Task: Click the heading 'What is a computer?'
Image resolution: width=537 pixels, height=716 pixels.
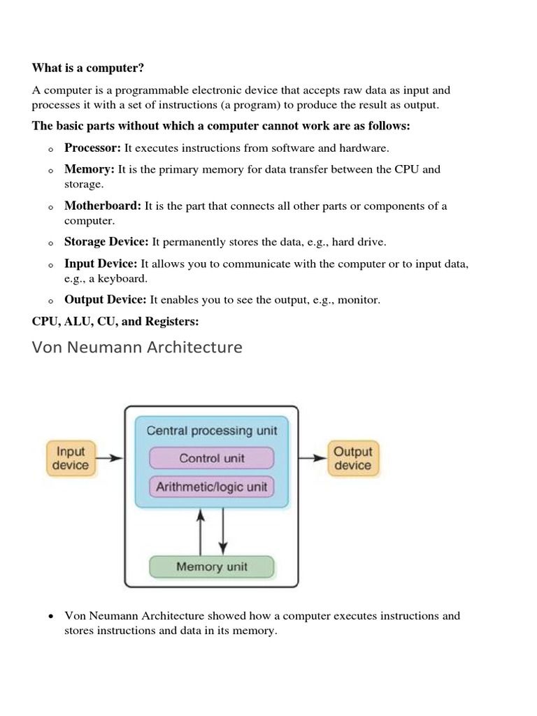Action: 87,68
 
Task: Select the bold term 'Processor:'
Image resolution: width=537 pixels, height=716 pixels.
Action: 93,148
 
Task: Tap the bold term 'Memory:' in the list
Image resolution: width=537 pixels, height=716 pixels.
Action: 89,169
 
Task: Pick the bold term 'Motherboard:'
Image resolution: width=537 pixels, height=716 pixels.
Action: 103,206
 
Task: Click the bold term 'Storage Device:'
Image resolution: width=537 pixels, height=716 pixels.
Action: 106,242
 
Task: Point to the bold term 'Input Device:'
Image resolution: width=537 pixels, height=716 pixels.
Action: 101,264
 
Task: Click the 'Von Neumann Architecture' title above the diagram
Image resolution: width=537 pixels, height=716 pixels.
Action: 137,347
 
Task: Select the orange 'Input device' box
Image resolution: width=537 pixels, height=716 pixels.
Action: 71,459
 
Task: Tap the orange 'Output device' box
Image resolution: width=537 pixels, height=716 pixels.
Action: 352,459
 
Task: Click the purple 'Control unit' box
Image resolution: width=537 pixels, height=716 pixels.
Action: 212,459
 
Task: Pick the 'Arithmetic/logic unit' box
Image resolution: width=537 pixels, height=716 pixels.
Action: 212,487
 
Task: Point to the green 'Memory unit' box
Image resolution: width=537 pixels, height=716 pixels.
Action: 212,567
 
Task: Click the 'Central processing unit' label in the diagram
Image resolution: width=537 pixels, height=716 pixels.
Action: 212,431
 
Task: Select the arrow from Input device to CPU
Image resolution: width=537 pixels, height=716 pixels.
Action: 109,459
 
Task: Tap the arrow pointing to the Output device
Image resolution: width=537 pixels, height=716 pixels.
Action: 313,459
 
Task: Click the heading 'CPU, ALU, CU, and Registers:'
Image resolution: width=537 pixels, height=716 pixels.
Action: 115,322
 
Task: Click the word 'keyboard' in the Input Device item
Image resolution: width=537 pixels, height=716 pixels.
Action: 126,278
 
